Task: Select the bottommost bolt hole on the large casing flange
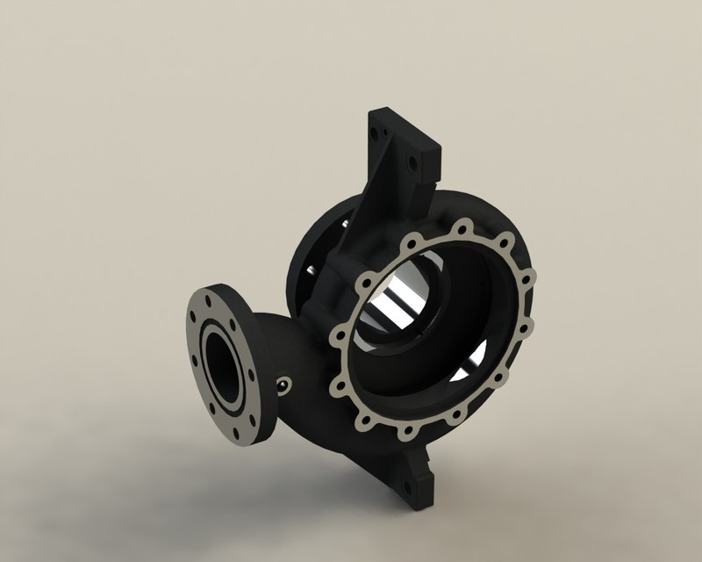pyautogui.click(x=407, y=431)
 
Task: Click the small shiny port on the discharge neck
pyautogui.click(x=283, y=384)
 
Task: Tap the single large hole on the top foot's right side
pyautogui.click(x=410, y=162)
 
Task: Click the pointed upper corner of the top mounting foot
pyautogui.click(x=372, y=110)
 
